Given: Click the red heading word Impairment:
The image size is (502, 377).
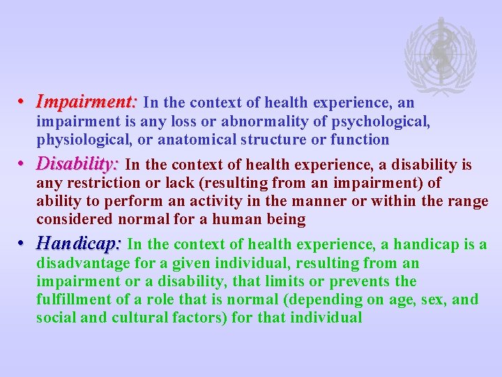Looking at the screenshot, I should tap(87, 102).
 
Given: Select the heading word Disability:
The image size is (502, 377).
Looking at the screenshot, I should tap(78, 164).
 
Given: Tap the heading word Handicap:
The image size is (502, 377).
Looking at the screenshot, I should tap(79, 244).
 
